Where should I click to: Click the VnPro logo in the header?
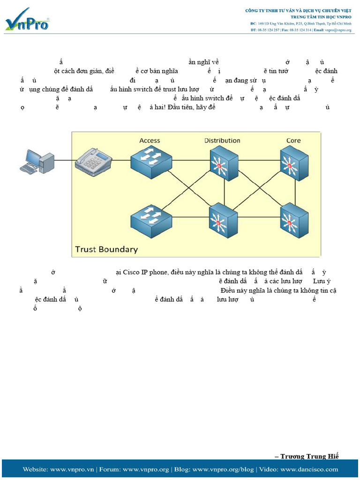tap(27, 20)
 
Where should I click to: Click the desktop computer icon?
tap(37, 162)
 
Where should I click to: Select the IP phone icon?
tap(94, 162)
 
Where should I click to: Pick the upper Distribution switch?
tap(224, 163)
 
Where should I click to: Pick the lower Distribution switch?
tap(223, 220)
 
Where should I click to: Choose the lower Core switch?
tap(294, 220)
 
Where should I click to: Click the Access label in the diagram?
tap(150, 141)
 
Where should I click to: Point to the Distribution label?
tap(222, 141)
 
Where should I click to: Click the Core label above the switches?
tap(293, 141)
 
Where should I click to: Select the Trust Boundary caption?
tap(107, 249)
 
